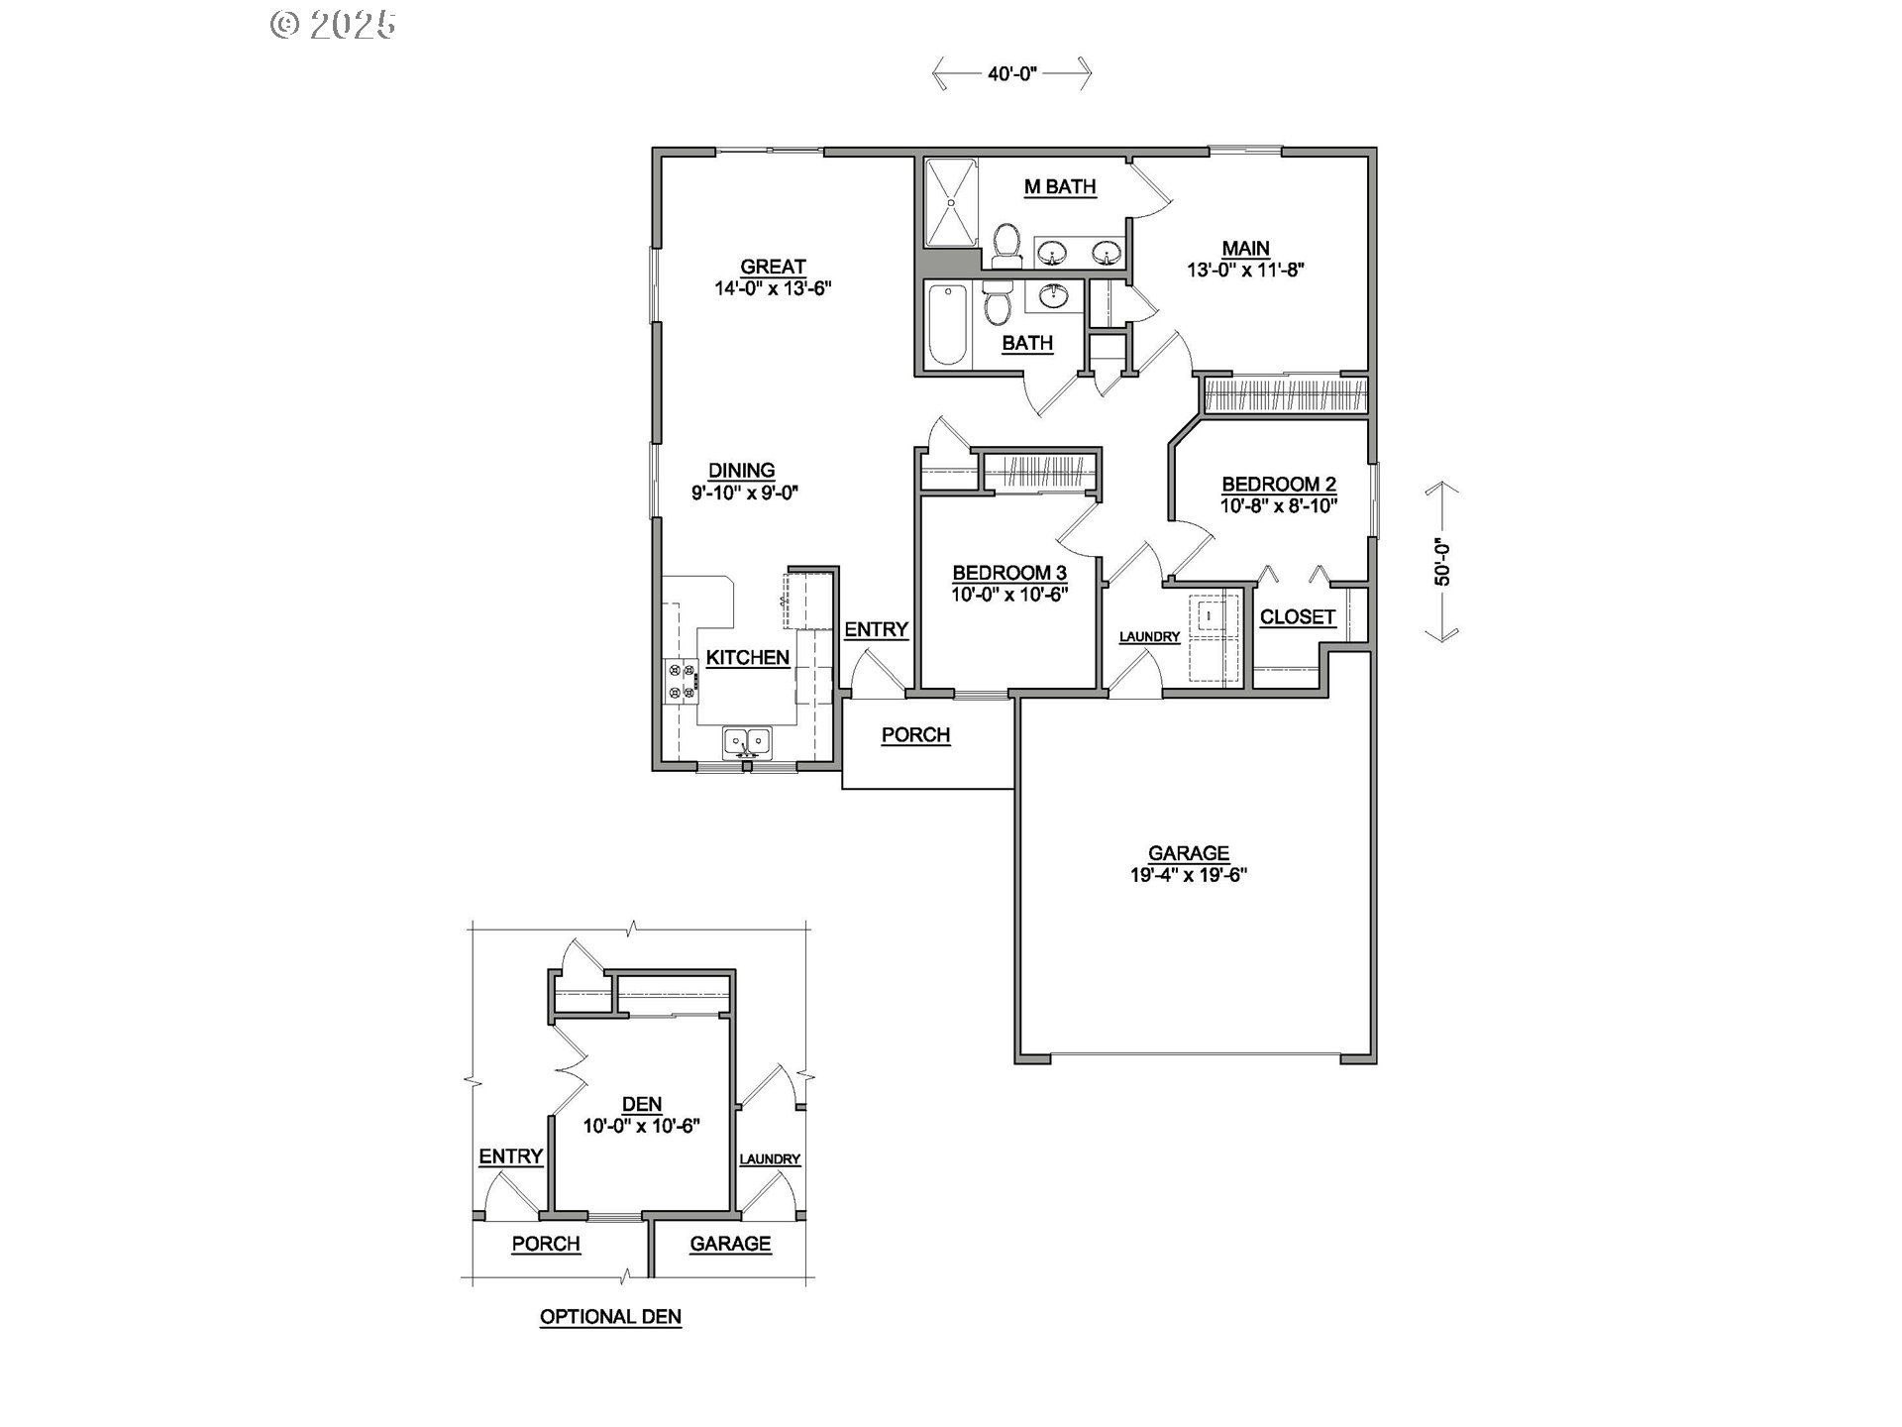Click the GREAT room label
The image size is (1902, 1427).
[773, 267]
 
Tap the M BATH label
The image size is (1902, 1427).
[1060, 186]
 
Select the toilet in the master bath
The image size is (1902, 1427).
[1007, 245]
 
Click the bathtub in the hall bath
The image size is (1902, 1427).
[948, 324]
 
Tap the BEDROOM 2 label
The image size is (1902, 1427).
[1279, 485]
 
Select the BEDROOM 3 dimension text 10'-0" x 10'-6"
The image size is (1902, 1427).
[1009, 595]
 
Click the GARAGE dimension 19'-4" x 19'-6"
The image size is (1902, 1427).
[1189, 875]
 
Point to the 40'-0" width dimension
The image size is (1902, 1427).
[1011, 73]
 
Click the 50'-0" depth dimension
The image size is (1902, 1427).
[1442, 562]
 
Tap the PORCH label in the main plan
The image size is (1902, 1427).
[916, 735]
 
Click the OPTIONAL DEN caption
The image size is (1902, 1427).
[610, 1317]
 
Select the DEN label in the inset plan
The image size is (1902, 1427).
[642, 1105]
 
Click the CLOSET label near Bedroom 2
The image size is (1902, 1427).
[1298, 617]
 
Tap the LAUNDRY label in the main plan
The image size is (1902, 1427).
[1149, 637]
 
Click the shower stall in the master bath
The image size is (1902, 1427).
[951, 202]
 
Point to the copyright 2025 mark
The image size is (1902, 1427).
[334, 24]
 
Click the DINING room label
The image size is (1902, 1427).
[741, 471]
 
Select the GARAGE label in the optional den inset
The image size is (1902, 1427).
[730, 1245]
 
